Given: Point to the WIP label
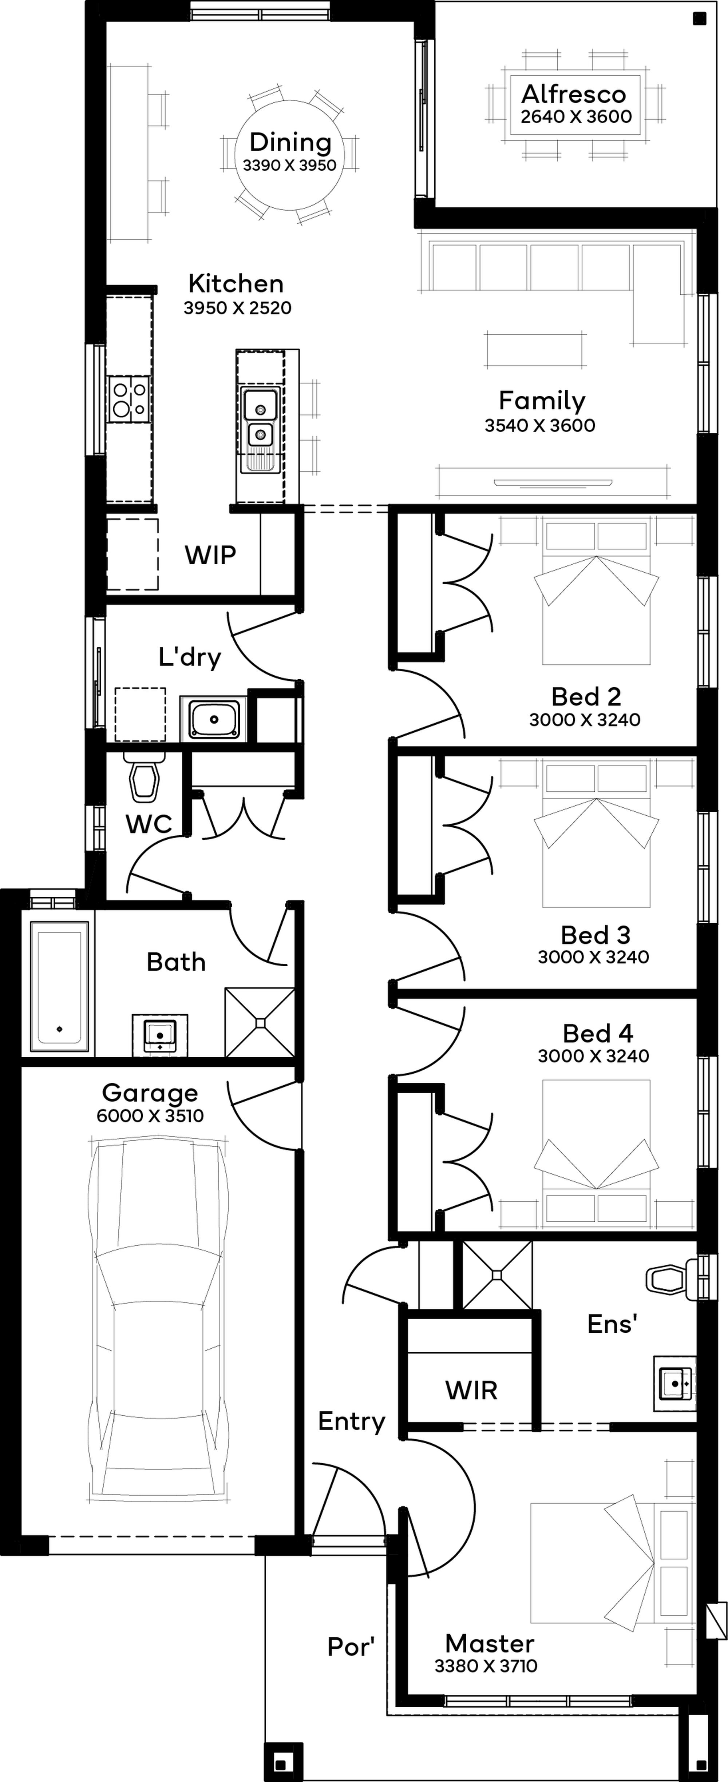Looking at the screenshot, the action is (210, 555).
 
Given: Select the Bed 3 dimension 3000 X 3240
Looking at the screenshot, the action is (594, 957).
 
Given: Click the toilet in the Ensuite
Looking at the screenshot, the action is (670, 1278).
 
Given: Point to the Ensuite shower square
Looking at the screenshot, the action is (497, 1274).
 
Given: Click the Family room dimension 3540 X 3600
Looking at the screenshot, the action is (540, 425).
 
